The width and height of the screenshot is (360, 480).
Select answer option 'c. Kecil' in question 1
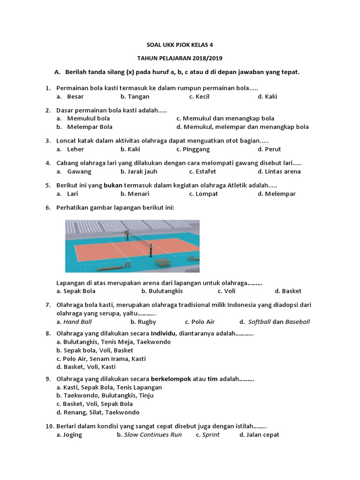pyautogui.click(x=199, y=97)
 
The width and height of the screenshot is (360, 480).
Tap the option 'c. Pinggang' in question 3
pyautogui.click(x=193, y=150)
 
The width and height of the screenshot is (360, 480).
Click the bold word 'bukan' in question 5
pyautogui.click(x=112, y=185)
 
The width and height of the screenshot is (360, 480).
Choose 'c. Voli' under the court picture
pyautogui.click(x=226, y=291)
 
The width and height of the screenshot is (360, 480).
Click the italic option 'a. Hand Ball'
pyautogui.click(x=74, y=322)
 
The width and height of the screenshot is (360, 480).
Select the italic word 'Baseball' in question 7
pyautogui.click(x=298, y=322)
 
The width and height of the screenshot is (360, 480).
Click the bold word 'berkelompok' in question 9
pyautogui.click(x=171, y=379)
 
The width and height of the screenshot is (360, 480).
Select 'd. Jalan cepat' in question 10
pyautogui.click(x=259, y=435)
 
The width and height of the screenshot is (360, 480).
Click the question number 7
pyautogui.click(x=48, y=305)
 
